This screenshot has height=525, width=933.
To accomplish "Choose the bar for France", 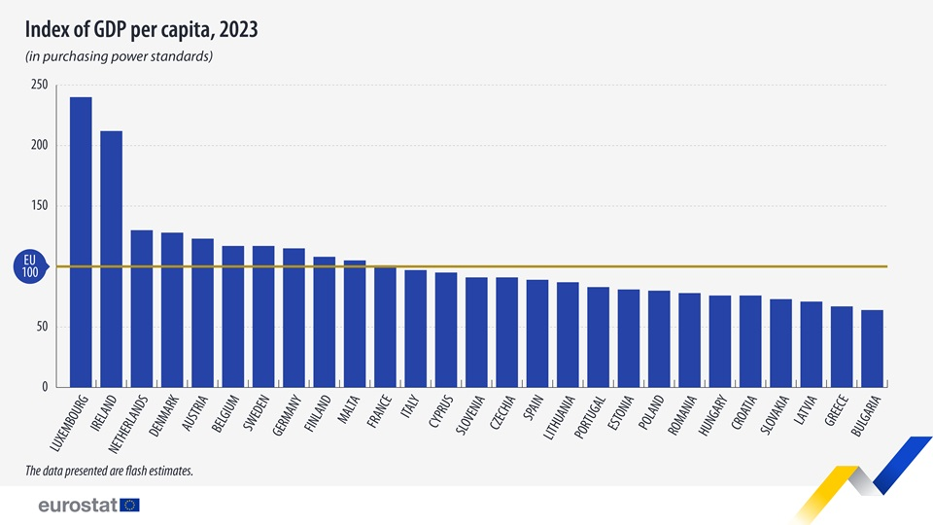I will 385,327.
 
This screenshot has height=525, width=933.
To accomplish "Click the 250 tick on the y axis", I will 39,86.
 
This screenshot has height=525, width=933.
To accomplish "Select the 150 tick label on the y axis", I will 39,206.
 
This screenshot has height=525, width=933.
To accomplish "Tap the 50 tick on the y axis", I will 42,327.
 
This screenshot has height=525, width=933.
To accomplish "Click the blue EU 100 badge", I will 30,266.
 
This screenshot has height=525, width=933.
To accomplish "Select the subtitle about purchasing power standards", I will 119,56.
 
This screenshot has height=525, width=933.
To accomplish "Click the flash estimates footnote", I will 109,472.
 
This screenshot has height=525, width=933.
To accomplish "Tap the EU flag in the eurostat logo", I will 130,505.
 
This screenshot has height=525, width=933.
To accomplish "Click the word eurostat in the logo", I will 77,505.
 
